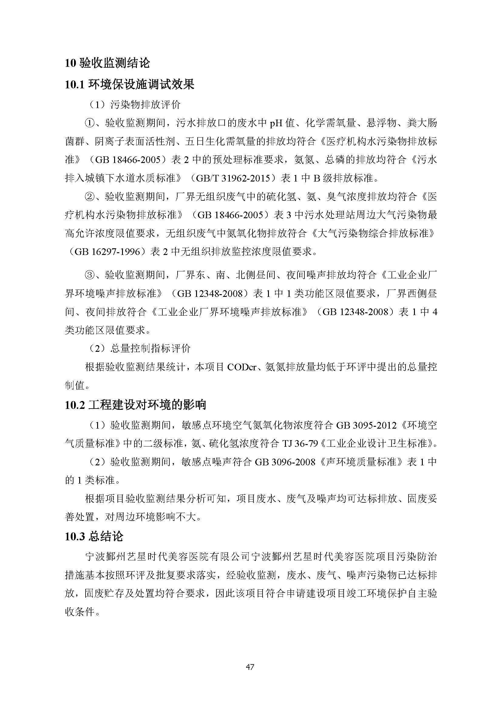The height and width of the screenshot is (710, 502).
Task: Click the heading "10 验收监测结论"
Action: (x=107, y=63)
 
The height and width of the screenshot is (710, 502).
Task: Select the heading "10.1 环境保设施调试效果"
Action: (x=130, y=84)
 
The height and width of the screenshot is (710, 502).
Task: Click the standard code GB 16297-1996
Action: (x=106, y=252)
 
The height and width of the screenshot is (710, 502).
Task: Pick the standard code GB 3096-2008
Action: (x=285, y=462)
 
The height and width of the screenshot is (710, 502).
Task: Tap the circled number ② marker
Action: (x=89, y=197)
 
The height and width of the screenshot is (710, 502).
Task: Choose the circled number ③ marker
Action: (x=89, y=275)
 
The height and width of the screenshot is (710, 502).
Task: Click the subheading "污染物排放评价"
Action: (x=145, y=105)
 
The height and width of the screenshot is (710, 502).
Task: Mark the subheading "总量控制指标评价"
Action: (x=150, y=349)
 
